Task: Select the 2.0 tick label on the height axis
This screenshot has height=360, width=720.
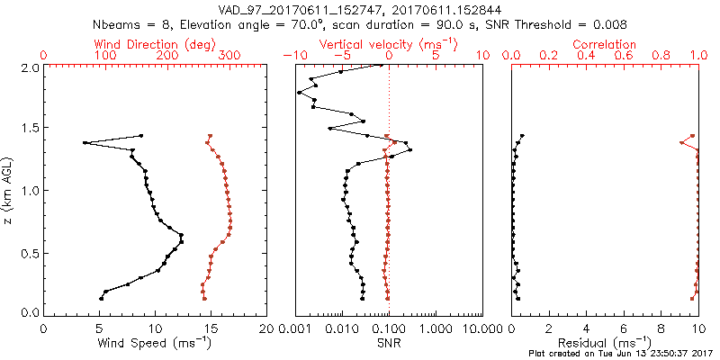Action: (x=29, y=67)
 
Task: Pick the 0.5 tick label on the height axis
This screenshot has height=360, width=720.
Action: (x=29, y=253)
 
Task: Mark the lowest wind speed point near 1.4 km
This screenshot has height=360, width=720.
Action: (x=85, y=142)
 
